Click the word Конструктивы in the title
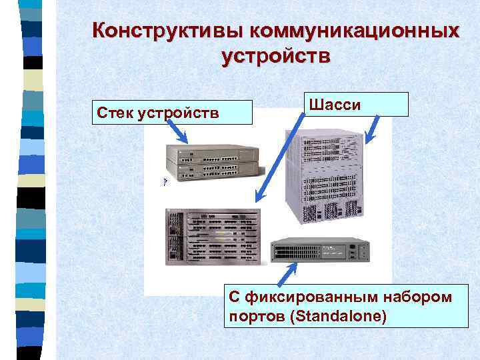coord(167,31)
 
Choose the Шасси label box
coord(357,104)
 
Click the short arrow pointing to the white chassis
coord(373,129)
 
